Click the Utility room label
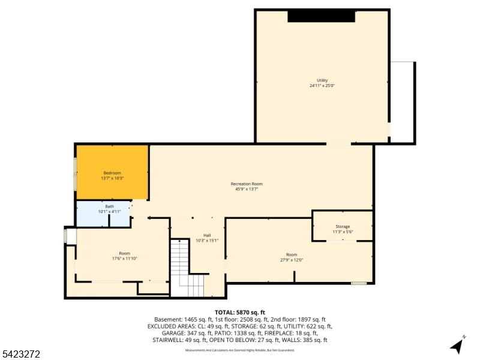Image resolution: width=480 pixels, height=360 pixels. (x=322, y=80)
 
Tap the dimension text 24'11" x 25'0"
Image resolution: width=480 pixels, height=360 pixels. (x=322, y=86)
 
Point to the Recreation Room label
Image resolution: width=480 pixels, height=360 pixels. (x=247, y=184)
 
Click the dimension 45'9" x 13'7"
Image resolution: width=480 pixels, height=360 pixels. (x=247, y=189)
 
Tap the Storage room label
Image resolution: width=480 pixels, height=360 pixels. (x=343, y=226)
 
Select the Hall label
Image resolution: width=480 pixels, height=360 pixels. (x=207, y=235)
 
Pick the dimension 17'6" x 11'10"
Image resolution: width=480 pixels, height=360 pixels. (x=124, y=259)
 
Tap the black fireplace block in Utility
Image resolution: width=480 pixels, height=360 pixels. (x=322, y=16)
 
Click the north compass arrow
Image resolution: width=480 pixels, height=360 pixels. (x=457, y=346)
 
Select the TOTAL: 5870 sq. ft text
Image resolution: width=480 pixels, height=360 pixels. (x=240, y=313)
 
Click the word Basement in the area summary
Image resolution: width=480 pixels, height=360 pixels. (x=167, y=319)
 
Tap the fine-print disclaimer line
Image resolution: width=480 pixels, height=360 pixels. (x=240, y=350)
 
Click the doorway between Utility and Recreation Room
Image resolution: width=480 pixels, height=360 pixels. (x=338, y=143)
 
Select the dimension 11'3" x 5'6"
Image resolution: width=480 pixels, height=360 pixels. (x=343, y=232)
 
